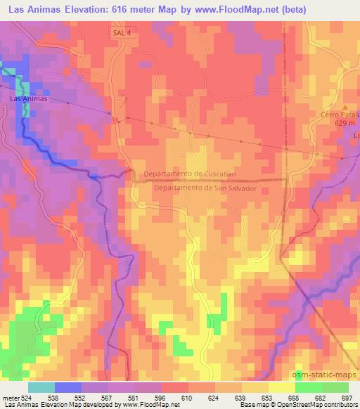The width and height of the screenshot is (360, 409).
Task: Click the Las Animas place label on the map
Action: pos(30,99)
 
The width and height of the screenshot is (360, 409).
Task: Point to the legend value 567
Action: pos(108,397)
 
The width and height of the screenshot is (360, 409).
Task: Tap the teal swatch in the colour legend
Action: pos(41,387)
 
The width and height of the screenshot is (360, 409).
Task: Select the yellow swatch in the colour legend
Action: pos(281,387)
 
